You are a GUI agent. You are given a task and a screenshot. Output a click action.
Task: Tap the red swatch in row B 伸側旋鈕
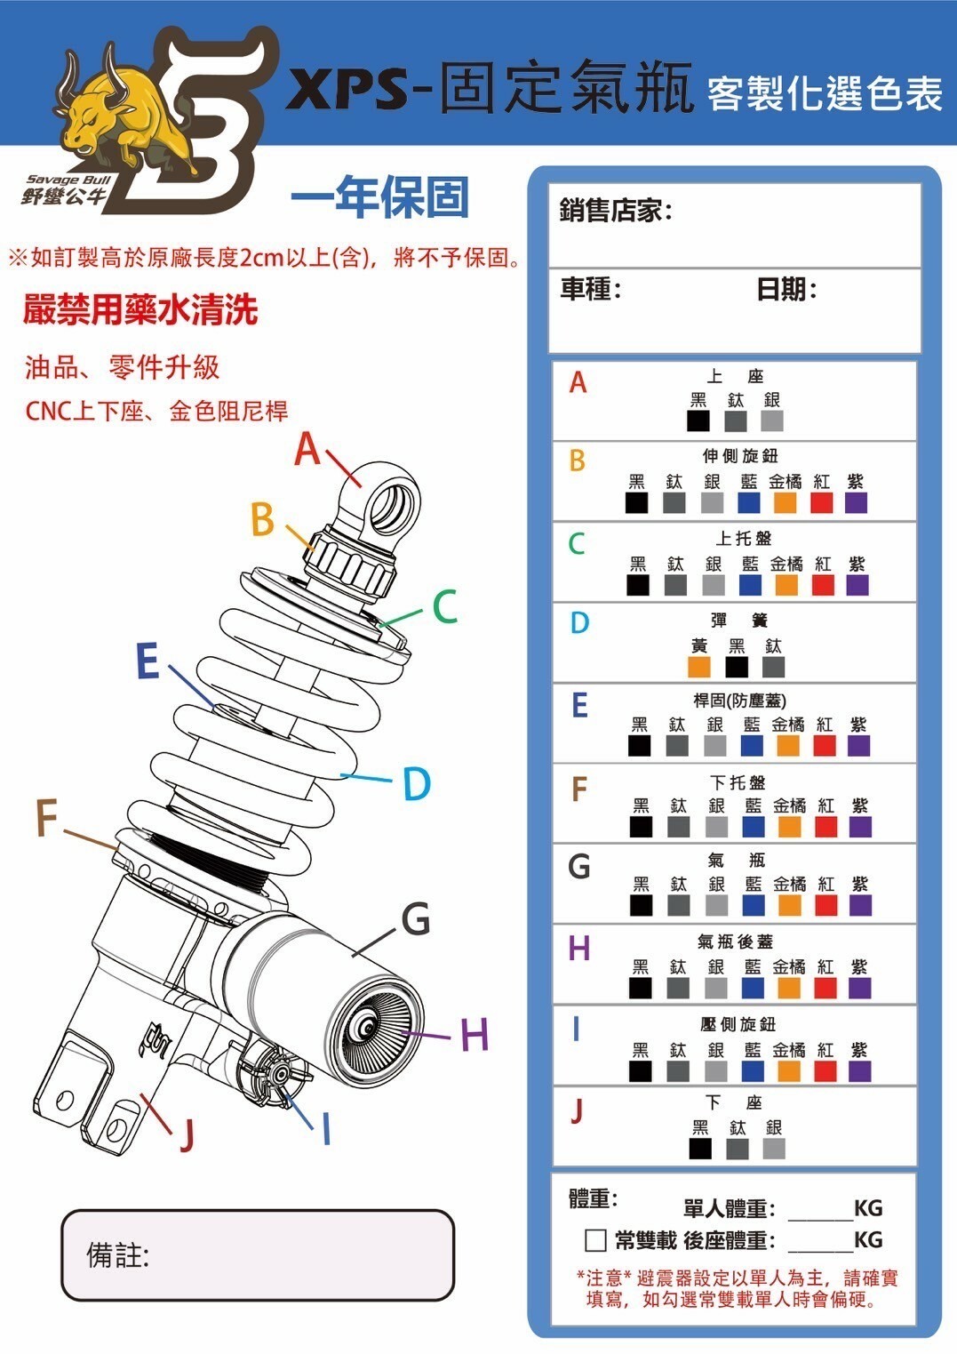click(x=822, y=502)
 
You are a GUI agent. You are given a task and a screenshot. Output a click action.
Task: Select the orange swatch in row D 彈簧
click(x=699, y=667)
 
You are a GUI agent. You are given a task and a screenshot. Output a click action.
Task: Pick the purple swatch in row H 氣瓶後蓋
click(x=859, y=988)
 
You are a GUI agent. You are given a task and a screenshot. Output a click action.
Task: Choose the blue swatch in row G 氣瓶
click(x=753, y=905)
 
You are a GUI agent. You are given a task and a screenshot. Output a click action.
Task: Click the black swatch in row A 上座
click(x=698, y=421)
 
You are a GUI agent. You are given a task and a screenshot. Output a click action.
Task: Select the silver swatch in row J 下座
click(x=774, y=1149)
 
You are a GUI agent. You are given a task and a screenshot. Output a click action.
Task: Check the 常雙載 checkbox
click(x=595, y=1240)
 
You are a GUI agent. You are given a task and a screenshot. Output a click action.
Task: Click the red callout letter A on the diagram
click(x=307, y=449)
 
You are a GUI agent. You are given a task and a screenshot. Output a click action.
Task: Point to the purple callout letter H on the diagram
click(x=475, y=1035)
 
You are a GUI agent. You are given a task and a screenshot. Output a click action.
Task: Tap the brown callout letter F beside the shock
click(x=46, y=818)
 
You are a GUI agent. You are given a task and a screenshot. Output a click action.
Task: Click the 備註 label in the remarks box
click(x=117, y=1255)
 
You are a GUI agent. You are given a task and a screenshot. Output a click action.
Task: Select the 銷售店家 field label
click(x=615, y=211)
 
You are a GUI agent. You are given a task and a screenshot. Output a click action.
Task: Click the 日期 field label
click(x=786, y=289)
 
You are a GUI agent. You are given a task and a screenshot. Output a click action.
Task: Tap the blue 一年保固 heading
click(x=380, y=197)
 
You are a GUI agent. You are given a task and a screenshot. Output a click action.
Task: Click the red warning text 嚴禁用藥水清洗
click(x=140, y=309)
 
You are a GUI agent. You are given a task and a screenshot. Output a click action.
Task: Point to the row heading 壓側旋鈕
click(x=738, y=1024)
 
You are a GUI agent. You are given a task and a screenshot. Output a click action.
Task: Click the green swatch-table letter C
click(x=577, y=543)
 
